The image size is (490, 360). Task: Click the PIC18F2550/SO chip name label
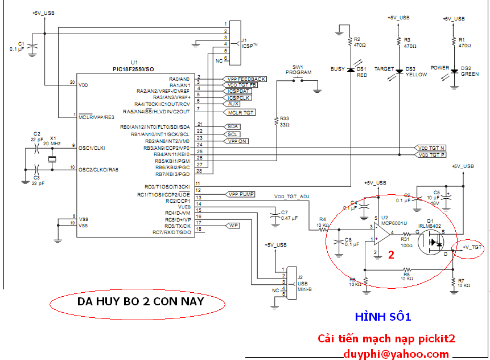point(133,69)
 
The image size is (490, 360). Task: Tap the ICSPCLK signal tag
point(239,97)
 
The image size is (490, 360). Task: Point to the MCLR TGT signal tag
point(241,113)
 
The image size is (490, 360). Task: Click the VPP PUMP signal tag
point(241,194)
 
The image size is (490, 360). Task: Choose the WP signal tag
point(233,226)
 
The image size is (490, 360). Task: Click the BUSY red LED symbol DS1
point(349,70)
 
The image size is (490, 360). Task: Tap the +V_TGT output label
point(472,247)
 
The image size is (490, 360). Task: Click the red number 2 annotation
point(391,255)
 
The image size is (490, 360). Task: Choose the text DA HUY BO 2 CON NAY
point(140,301)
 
